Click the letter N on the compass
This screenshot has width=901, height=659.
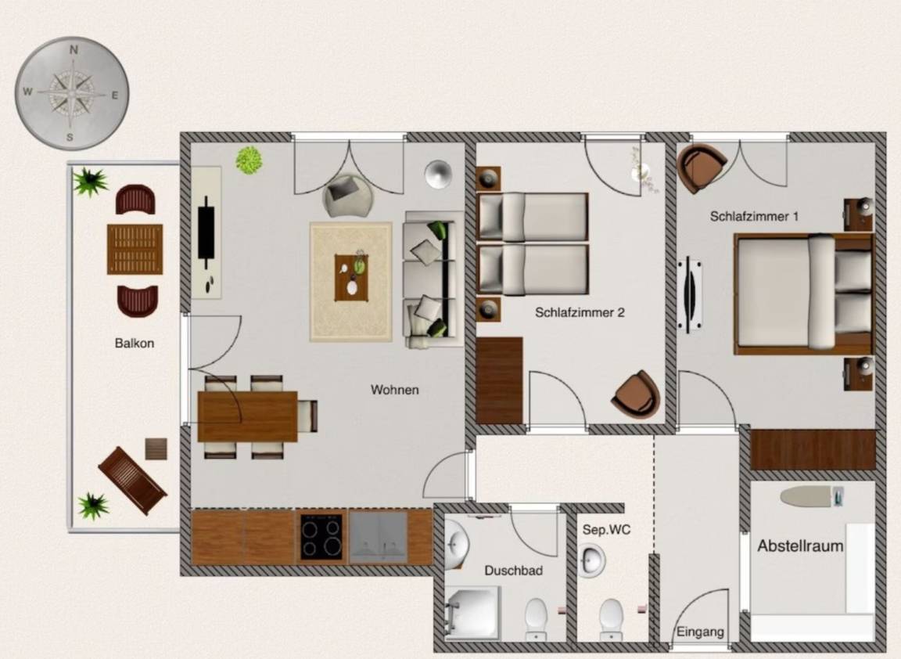74,50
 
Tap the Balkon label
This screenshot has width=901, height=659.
135,344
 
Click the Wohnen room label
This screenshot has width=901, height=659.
395,390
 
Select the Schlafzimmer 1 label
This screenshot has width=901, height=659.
754,217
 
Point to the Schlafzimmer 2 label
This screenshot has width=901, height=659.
580,313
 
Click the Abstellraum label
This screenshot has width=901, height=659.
800,546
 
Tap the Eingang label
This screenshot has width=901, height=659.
700,632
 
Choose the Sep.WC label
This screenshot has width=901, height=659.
606,530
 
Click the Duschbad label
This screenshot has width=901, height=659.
513,571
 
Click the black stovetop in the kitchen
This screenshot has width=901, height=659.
321,537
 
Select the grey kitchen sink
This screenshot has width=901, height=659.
378,537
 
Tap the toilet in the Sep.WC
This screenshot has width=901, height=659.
610,619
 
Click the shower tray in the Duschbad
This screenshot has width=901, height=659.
473,612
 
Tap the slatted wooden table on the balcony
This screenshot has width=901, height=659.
135,249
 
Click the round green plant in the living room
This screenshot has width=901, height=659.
249,160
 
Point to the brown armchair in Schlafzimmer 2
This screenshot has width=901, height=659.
636,394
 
